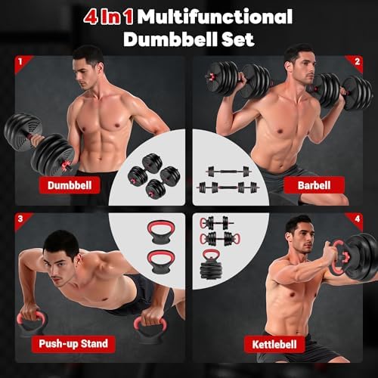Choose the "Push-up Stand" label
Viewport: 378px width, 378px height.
[x=74, y=344]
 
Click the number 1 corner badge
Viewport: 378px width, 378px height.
[x=21, y=60]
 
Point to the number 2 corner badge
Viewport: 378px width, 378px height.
[x=357, y=60]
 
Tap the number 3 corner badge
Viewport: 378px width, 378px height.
[x=21, y=220]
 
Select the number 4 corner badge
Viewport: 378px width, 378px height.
[x=357, y=220]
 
